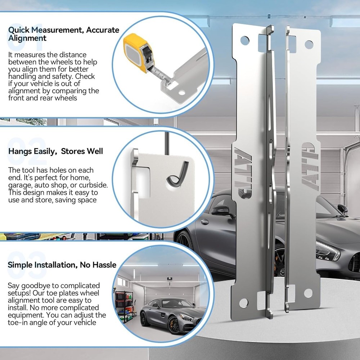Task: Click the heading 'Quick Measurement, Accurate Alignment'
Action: pos(63,34)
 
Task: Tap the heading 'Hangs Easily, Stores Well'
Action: pos(55,150)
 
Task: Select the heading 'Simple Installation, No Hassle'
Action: pos(62,265)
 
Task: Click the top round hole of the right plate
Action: pos(309,44)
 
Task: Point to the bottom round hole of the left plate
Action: pos(243,302)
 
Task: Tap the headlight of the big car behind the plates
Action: pos(328,251)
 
